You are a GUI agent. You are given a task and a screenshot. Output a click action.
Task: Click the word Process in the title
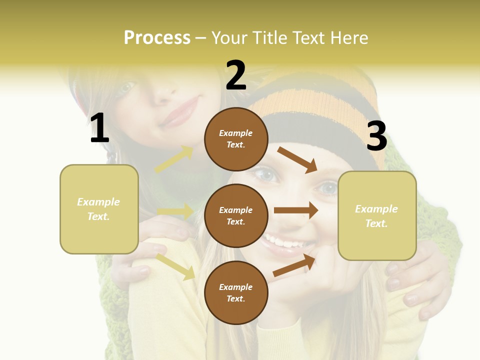[x=157, y=38]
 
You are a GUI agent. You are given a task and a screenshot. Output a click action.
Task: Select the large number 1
[x=99, y=128]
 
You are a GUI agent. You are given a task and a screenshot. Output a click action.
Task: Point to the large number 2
[x=236, y=75]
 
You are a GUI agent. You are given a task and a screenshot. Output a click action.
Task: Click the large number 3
[x=376, y=136]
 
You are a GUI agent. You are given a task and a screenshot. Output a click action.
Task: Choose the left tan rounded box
[x=99, y=209]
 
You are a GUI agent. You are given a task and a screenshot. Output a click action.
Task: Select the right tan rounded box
[x=377, y=215]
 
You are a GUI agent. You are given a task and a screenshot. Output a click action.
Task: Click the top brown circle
[x=236, y=139]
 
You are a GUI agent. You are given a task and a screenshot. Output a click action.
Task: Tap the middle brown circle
[x=236, y=215]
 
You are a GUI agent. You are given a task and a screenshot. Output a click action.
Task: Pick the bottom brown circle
[x=236, y=292]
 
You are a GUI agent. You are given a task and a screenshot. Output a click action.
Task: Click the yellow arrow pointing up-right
[x=174, y=159]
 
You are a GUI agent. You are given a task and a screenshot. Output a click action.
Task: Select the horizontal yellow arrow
[x=175, y=211]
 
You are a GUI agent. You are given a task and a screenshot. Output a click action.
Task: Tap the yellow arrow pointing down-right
[x=175, y=266]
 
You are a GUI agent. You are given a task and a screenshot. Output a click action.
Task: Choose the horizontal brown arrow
[x=296, y=210]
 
